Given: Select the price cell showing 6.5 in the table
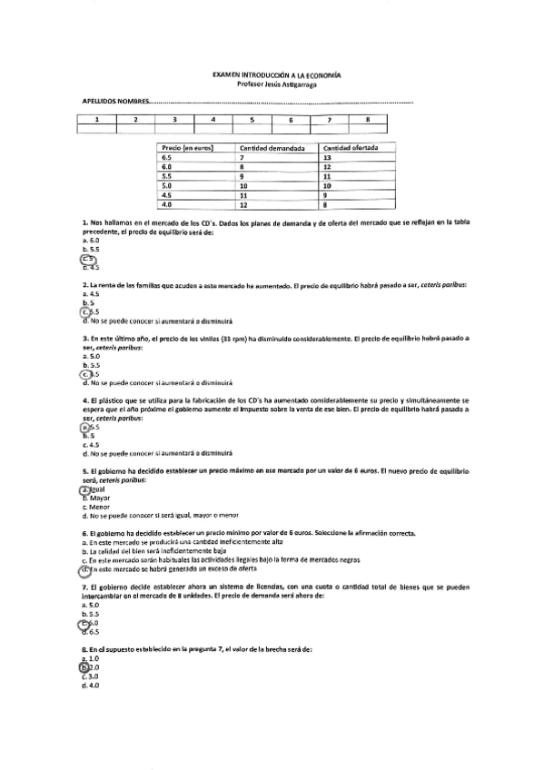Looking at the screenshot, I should pos(166,157).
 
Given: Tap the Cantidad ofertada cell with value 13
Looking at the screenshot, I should pos(327,157).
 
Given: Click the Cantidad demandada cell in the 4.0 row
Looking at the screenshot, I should pos(243,204).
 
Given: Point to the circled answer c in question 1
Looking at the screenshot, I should pos(88,259).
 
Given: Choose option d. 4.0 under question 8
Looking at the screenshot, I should pos(89,686).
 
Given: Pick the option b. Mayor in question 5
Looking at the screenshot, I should pos(95,498).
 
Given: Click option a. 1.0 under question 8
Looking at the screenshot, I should pos(89,658).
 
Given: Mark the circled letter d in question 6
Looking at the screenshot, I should pos(84,571).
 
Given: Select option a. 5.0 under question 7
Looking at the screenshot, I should pos(89,605).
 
